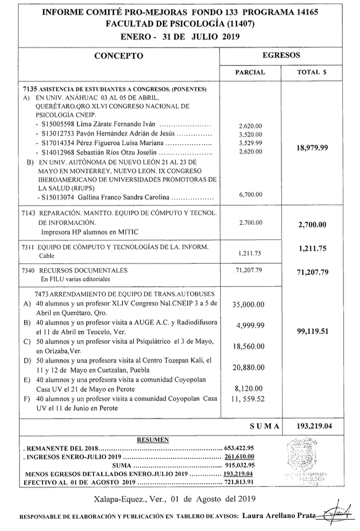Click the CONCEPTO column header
pyautogui.click(x=118, y=56)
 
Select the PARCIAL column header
pyautogui.click(x=251, y=72)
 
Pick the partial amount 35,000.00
pyautogui.click(x=248, y=305)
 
